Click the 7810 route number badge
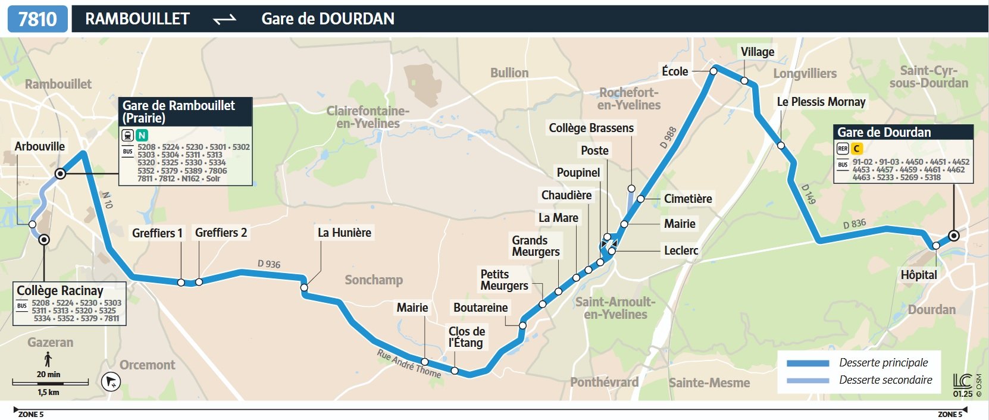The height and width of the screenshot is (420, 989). click(37, 19)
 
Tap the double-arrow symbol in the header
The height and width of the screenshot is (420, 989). click(224, 20)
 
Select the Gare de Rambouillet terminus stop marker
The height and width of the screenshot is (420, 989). click(60, 174)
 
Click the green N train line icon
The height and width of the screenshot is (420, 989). click(142, 135)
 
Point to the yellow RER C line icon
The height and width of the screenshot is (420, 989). click(856, 149)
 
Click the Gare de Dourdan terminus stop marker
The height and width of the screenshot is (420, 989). click(954, 236)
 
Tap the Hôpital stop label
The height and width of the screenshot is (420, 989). click(918, 275)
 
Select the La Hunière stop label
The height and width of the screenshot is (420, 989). click(344, 233)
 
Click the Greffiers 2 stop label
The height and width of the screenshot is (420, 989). click(221, 233)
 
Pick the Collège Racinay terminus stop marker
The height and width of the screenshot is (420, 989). click(44, 240)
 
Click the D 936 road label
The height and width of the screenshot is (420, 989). click(269, 264)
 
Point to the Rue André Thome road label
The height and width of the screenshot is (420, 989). click(409, 363)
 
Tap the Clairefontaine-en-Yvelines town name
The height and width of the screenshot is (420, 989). click(368, 117)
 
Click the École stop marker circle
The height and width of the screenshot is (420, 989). click(713, 71)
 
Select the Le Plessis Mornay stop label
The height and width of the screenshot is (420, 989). click(821, 102)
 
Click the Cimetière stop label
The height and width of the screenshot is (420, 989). click(687, 199)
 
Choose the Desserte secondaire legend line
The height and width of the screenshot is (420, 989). click(808, 380)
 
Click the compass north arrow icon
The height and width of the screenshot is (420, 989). click(111, 381)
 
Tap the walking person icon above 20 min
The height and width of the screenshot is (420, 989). click(48, 359)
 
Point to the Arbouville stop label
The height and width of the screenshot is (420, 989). click(39, 146)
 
